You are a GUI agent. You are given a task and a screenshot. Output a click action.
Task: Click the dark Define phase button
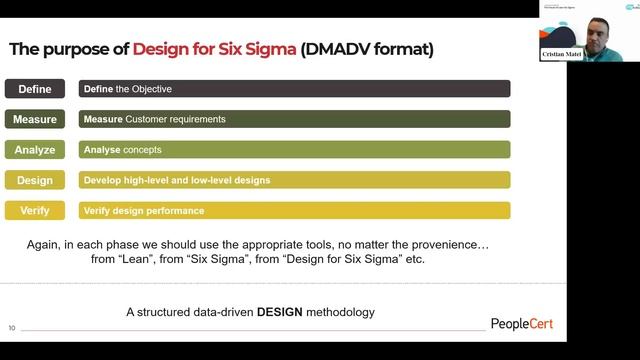pyautogui.click(x=35, y=89)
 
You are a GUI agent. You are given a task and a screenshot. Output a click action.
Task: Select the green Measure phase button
pyautogui.click(x=35, y=119)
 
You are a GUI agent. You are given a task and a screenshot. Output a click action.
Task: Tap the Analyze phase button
pyautogui.click(x=35, y=150)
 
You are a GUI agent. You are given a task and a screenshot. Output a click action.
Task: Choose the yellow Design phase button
pyautogui.click(x=35, y=180)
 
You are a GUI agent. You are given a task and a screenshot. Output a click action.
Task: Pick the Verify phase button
pyautogui.click(x=35, y=210)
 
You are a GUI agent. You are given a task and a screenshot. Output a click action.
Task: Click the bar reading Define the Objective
pyautogui.click(x=294, y=89)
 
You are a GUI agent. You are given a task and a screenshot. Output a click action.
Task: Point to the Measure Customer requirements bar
pyautogui.click(x=294, y=119)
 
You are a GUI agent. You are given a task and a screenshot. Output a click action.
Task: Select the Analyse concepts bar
pyautogui.click(x=294, y=150)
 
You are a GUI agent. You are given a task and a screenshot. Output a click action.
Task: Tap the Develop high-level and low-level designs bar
pyautogui.click(x=294, y=180)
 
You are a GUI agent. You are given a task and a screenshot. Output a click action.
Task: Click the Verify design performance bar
pyautogui.click(x=294, y=210)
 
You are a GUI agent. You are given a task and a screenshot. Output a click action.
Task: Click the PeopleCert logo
pyautogui.click(x=521, y=323)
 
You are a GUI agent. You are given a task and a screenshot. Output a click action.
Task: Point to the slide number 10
pyautogui.click(x=12, y=327)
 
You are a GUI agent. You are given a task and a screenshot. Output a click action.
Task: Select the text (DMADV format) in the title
pyautogui.click(x=367, y=48)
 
